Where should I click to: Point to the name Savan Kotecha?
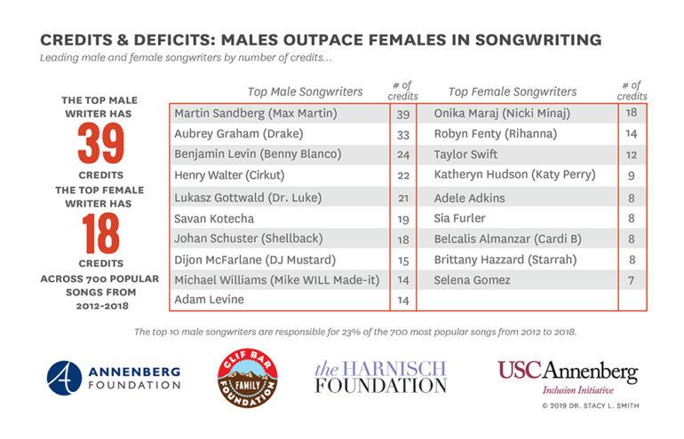pyautogui.click(x=213, y=218)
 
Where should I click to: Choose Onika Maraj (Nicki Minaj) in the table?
pyautogui.click(x=502, y=114)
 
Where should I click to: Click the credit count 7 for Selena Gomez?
pyautogui.click(x=632, y=280)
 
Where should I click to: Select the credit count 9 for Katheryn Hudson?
pyautogui.click(x=632, y=176)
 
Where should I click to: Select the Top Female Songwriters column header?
pyautogui.click(x=513, y=91)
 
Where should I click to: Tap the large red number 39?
pyautogui.click(x=99, y=144)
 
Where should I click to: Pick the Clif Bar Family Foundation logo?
pyautogui.click(x=248, y=376)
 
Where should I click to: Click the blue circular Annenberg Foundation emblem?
pyautogui.click(x=64, y=376)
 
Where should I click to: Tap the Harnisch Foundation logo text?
pyautogui.click(x=380, y=376)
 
